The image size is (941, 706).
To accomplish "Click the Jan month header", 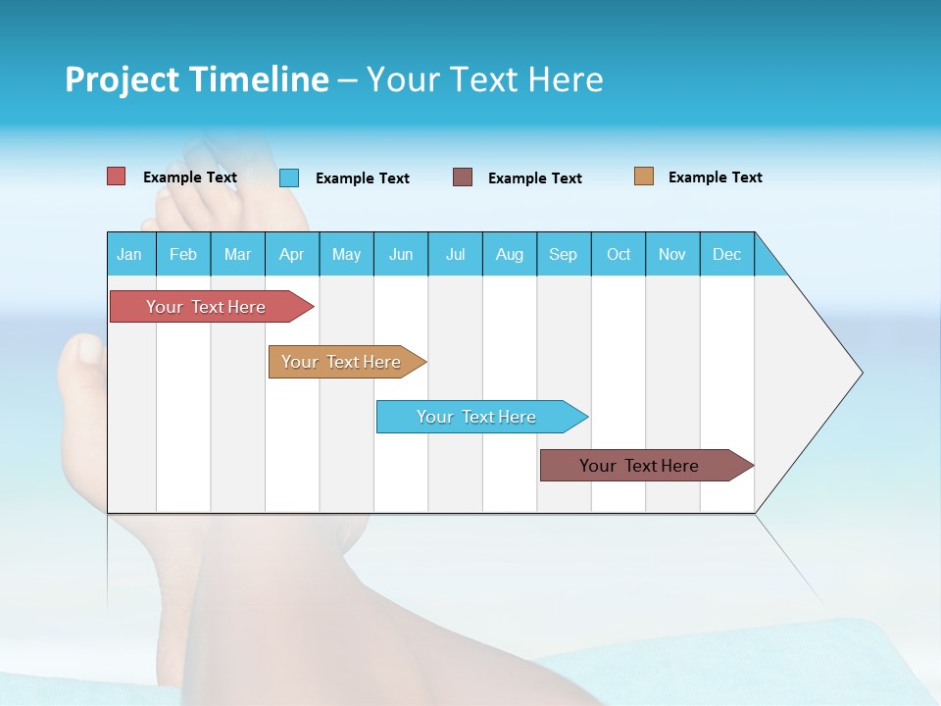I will (130, 254).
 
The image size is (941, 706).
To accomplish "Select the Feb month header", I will (183, 254).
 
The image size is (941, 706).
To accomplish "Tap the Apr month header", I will (292, 254).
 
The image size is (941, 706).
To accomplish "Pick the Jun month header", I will (401, 254).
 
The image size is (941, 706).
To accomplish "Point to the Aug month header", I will (510, 254).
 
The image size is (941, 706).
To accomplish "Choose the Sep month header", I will (564, 254).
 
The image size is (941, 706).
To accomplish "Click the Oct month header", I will (619, 254).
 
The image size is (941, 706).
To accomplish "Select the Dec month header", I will (727, 254).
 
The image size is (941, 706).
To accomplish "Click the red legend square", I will (117, 176).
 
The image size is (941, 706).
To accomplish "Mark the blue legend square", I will (289, 177).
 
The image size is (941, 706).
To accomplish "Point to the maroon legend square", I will (463, 177).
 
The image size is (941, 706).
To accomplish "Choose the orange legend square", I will (643, 176).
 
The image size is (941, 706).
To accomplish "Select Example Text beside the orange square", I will (715, 177).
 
